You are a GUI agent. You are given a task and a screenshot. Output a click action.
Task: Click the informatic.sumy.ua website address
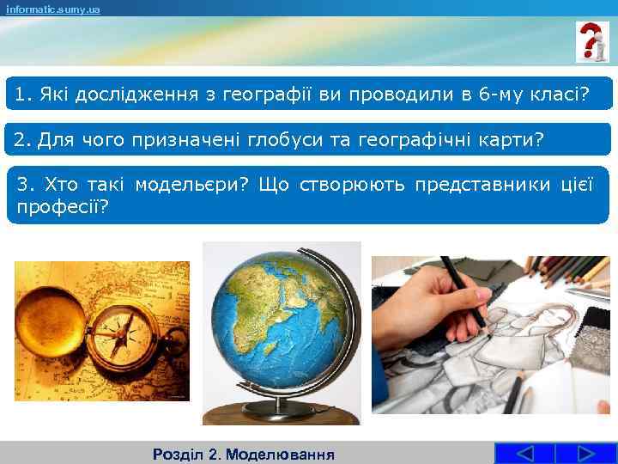52,9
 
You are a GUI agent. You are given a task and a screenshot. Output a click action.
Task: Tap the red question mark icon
591,41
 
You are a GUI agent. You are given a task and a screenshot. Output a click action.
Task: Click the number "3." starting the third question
27,184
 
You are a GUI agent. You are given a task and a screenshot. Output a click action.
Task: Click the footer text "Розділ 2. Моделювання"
243,454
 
